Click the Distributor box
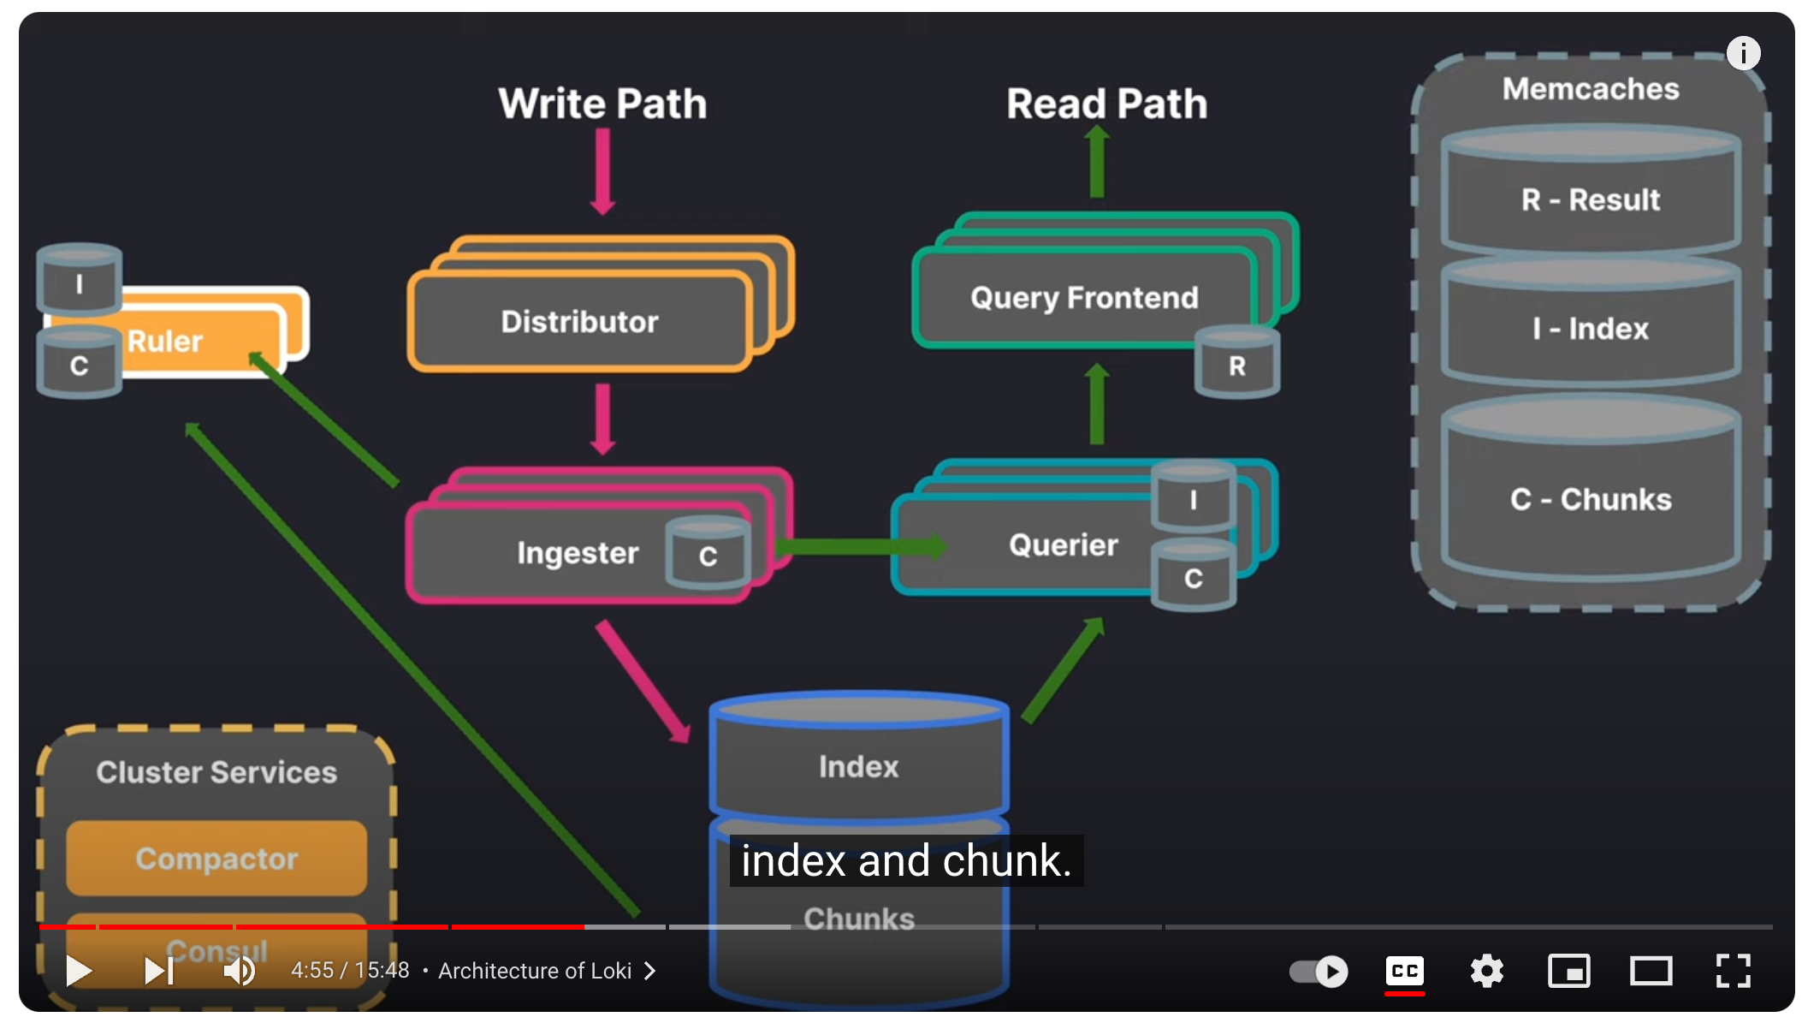click(x=580, y=322)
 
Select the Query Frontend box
click(x=1083, y=298)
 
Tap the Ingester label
click(x=578, y=553)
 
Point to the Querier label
click(x=1063, y=545)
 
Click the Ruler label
click(x=165, y=342)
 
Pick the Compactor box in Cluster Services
click(x=216, y=858)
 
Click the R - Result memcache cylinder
click(x=1590, y=199)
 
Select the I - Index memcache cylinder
click(x=1590, y=328)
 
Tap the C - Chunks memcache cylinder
click(x=1590, y=498)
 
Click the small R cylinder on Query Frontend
click(x=1236, y=366)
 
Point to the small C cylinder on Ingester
click(x=708, y=556)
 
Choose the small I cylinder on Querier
click(x=1193, y=499)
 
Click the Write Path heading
click(x=602, y=104)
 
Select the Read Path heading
click(x=1106, y=104)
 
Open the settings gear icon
click(x=1486, y=971)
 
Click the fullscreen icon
click(x=1733, y=971)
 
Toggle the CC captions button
click(x=1404, y=971)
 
